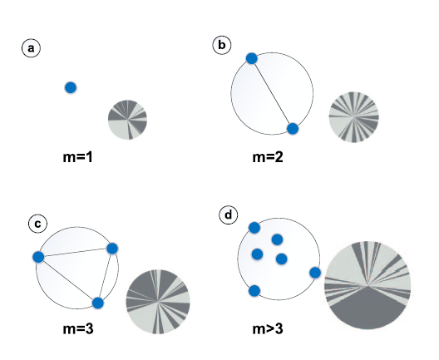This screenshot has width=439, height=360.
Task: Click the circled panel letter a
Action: pyautogui.click(x=31, y=48)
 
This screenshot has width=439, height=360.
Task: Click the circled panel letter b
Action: pyautogui.click(x=222, y=45)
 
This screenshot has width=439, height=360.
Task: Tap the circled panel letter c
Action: pyautogui.click(x=37, y=224)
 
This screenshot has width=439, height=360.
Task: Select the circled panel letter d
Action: pyautogui.click(x=229, y=215)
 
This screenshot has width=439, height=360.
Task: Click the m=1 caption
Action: pyautogui.click(x=77, y=157)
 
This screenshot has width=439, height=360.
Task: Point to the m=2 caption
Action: pyautogui.click(x=268, y=157)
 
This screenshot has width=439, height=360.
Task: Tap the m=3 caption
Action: pyautogui.click(x=78, y=328)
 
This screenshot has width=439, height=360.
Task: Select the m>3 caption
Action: pyautogui.click(x=268, y=328)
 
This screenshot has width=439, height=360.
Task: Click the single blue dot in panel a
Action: pyautogui.click(x=71, y=87)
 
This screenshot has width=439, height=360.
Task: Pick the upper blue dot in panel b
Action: pyautogui.click(x=251, y=58)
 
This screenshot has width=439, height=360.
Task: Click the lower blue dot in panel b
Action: pyautogui.click(x=293, y=129)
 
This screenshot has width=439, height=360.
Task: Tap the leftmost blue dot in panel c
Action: pyautogui.click(x=38, y=257)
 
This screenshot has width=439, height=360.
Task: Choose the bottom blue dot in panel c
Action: pyautogui.click(x=98, y=303)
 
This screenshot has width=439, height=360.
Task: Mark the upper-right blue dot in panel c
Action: pyautogui.click(x=112, y=249)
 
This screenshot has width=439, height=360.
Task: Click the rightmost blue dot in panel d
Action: pyautogui.click(x=315, y=273)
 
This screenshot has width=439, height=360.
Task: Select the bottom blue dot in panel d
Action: pyautogui.click(x=254, y=291)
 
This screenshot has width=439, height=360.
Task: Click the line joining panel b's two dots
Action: pyautogui.click(x=272, y=93)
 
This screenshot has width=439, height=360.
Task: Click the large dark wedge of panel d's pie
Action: pyautogui.click(x=367, y=308)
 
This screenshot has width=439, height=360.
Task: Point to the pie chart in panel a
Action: pyautogui.click(x=127, y=120)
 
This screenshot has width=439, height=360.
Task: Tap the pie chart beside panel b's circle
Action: pyautogui.click(x=353, y=116)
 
